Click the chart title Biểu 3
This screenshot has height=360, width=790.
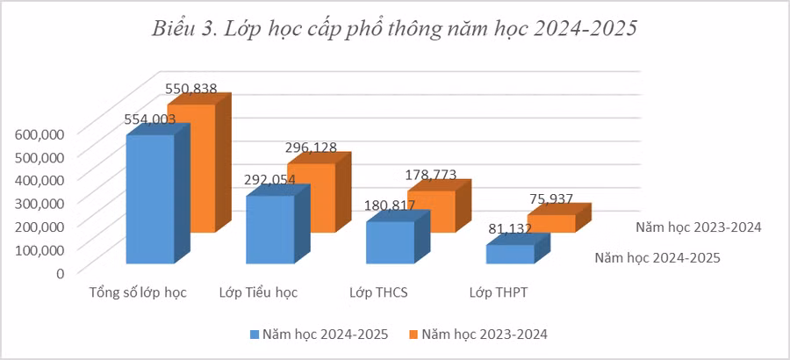tap(394, 28)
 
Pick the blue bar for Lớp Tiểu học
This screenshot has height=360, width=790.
tap(269, 230)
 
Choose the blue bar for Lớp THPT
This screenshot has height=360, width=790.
tap(510, 254)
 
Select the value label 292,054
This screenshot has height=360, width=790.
tap(269, 180)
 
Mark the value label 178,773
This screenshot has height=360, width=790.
tap(430, 175)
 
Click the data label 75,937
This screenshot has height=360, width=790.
tap(551, 199)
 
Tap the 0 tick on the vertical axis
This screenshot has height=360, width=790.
tap(60, 272)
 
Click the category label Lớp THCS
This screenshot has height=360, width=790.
tap(378, 292)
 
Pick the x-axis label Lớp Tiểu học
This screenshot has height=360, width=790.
tap(258, 292)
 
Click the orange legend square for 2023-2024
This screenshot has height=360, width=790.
tap(413, 335)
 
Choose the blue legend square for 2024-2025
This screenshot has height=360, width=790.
tap(255, 335)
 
